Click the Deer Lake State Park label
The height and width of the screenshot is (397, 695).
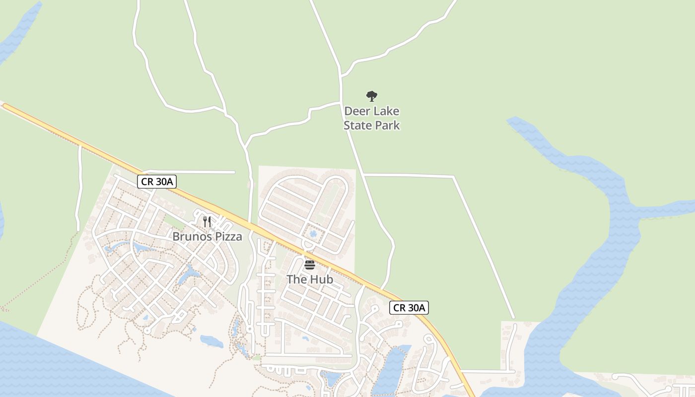372,118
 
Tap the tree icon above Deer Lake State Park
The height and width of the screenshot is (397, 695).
371,96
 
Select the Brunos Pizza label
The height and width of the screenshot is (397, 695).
207,237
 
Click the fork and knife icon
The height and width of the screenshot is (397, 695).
207,221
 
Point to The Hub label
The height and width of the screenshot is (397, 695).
310,279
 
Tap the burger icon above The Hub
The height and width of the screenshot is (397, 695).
310,265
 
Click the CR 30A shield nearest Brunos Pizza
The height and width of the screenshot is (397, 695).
157,182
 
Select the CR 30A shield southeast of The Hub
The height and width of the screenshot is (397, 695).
409,308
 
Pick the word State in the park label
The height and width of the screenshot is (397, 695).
358,126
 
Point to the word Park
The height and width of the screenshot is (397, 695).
387,126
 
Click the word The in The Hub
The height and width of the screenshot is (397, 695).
297,279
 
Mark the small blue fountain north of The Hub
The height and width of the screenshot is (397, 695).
313,233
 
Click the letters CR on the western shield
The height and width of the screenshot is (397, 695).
147,182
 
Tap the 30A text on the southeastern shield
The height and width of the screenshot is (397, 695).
416,308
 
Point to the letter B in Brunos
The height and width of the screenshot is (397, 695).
176,237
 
